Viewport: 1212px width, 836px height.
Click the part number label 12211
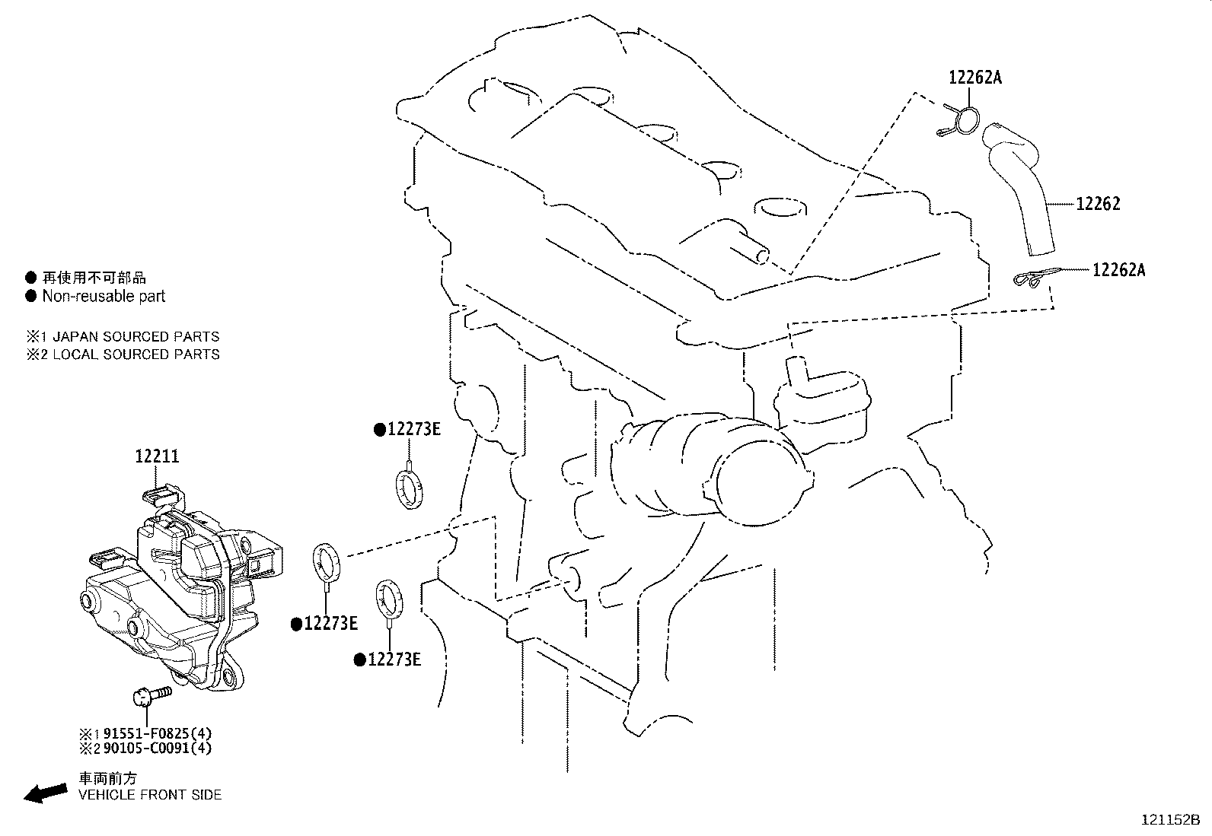[x=157, y=456]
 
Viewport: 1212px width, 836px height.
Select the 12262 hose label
[x=1098, y=204]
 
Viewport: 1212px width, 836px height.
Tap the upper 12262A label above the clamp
[x=974, y=77]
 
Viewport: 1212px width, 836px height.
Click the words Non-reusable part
[x=104, y=297]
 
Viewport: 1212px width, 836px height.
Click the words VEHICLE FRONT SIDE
[x=150, y=795]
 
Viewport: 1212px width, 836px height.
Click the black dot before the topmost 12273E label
[x=379, y=430]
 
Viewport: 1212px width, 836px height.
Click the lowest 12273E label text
[x=394, y=660]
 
